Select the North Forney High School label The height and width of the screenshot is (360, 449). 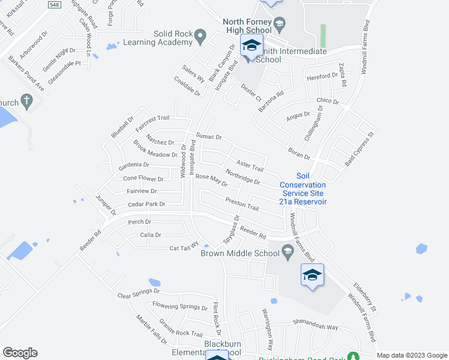click(247, 26)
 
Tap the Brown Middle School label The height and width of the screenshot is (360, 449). click(241, 254)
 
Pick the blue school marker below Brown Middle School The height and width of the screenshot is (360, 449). click(312, 275)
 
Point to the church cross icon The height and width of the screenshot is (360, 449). click(26, 100)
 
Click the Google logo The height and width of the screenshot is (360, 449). click(20, 353)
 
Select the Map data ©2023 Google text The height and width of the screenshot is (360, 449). click(411, 355)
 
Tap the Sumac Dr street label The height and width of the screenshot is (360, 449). click(209, 137)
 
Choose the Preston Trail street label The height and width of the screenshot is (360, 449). click(241, 204)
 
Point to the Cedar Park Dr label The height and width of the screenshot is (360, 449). click(146, 205)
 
